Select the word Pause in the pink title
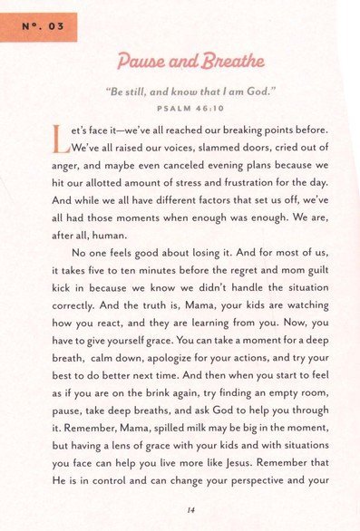click(147, 63)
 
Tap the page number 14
click(190, 508)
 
